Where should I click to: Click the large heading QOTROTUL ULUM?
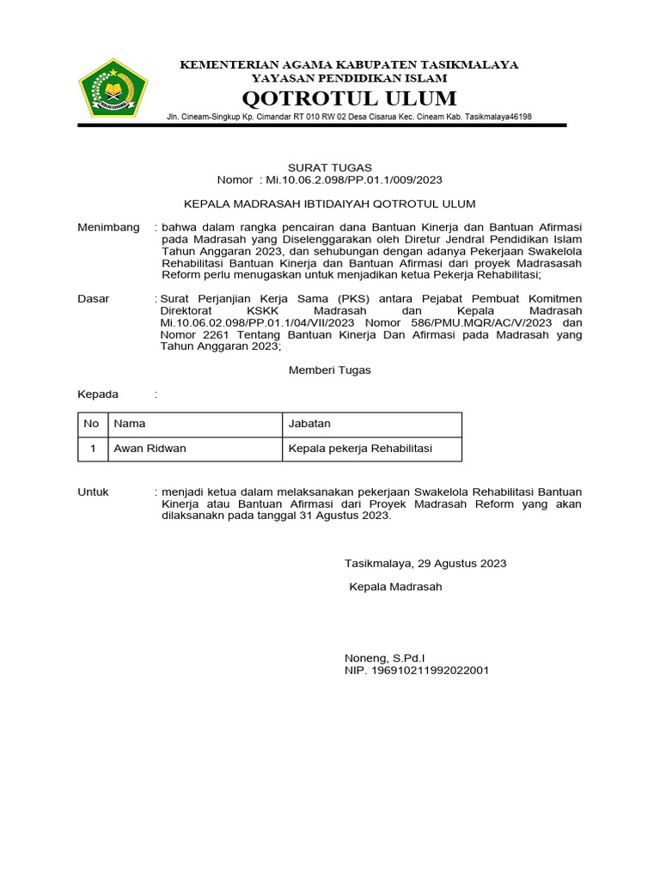(x=349, y=97)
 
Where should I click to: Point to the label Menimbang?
(x=108, y=227)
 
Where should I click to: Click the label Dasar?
(x=94, y=298)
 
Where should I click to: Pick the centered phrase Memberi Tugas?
(x=329, y=370)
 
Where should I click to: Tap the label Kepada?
(x=98, y=394)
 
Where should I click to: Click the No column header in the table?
(x=91, y=424)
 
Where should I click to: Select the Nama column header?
(x=130, y=424)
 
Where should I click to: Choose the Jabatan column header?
(x=309, y=424)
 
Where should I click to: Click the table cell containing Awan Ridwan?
(x=150, y=448)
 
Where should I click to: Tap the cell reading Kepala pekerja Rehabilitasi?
(x=360, y=448)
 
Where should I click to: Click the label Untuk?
(x=93, y=492)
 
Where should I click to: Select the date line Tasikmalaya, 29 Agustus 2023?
(x=425, y=563)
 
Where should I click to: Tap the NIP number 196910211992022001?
(x=417, y=669)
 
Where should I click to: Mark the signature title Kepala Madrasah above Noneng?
(x=395, y=587)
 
